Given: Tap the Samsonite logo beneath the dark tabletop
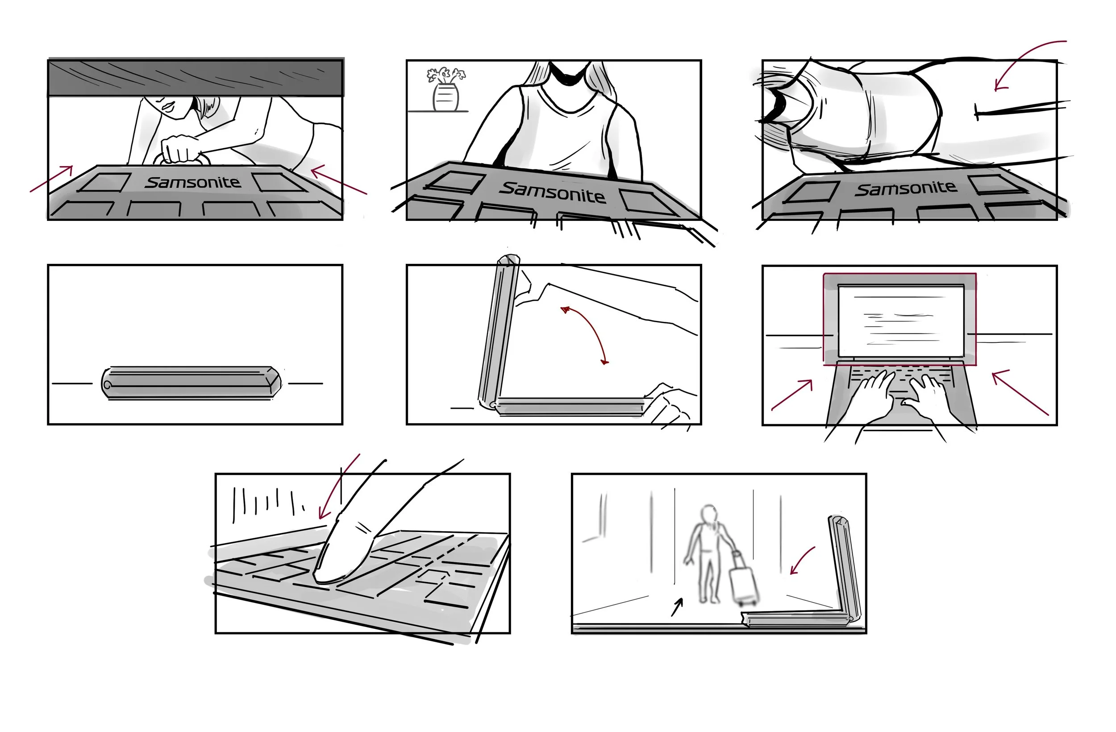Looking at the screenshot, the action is coord(193,182).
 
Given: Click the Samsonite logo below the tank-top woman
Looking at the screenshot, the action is coord(552,193).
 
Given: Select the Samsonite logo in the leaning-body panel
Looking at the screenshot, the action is coord(905,188).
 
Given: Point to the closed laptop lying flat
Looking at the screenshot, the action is coord(192,383).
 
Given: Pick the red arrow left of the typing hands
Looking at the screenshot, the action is coord(792,395).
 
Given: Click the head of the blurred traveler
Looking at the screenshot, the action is coord(709,513).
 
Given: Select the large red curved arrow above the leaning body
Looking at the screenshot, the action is coord(1022,56).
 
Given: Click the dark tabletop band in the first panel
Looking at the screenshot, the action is coord(196,77).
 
